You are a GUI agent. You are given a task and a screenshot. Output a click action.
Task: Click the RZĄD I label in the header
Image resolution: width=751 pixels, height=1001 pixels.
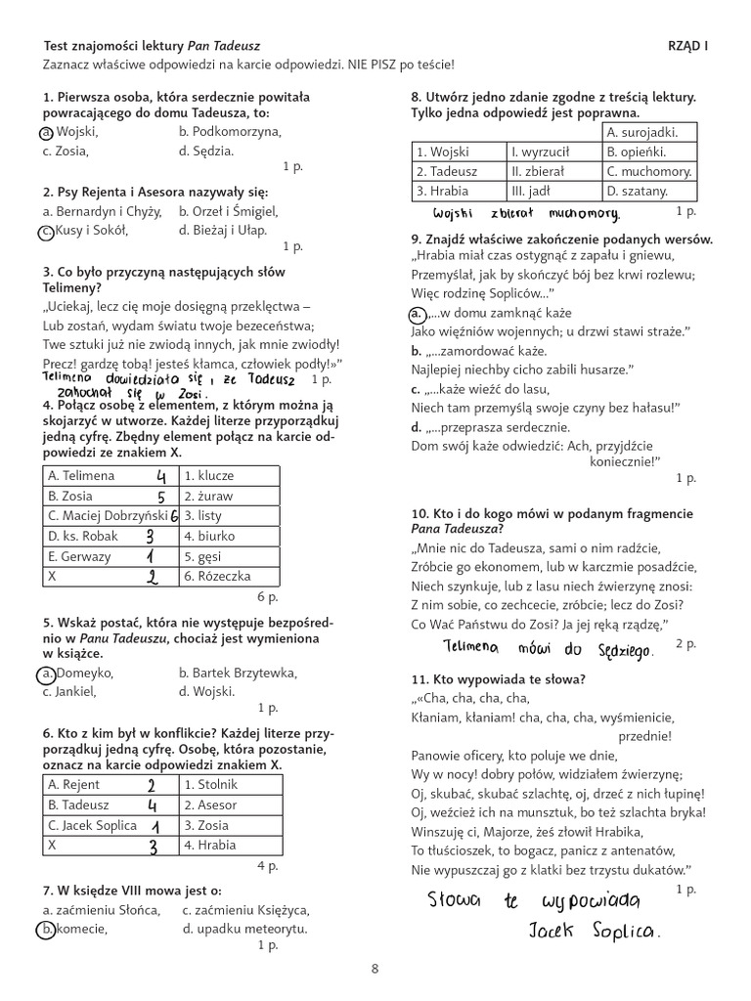click(x=687, y=46)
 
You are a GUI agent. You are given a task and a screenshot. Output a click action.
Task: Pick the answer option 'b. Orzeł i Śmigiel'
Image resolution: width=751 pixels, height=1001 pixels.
click(x=229, y=211)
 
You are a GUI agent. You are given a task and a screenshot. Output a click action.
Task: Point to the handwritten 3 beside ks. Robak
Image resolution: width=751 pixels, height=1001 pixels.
click(x=149, y=537)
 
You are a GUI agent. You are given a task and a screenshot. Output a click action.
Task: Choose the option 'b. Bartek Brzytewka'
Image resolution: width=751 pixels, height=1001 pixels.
click(x=238, y=674)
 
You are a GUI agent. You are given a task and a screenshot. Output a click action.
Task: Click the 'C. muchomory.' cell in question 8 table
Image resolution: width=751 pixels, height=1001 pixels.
click(x=648, y=171)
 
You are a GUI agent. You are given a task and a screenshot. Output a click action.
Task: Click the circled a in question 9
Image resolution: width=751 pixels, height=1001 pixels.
click(x=417, y=314)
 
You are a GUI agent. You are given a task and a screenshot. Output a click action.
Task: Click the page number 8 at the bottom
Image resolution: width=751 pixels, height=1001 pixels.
click(x=375, y=969)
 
